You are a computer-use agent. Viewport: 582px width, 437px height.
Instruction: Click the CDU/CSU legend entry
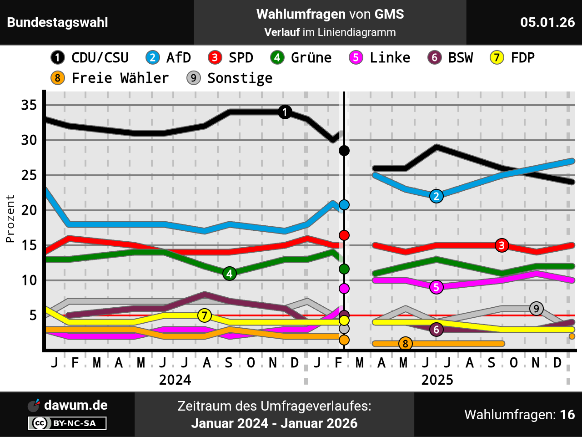coord(90,58)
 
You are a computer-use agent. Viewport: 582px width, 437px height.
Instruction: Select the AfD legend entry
coord(168,58)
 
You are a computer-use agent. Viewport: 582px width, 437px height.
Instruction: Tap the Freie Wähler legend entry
coord(110,78)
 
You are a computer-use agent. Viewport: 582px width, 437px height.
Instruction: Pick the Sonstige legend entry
coord(230,78)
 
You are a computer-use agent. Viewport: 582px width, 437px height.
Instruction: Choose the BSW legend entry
coord(451,58)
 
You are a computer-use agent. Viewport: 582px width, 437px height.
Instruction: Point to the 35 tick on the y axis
coord(29,105)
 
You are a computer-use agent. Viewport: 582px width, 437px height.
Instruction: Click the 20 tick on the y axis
coord(29,210)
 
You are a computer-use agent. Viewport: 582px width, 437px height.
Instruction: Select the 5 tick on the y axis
coord(33,315)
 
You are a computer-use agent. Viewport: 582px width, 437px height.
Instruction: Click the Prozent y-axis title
coord(10,218)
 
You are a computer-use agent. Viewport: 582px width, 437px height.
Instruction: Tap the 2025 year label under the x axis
coord(437,380)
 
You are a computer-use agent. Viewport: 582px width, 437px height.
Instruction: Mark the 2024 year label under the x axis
coord(175,380)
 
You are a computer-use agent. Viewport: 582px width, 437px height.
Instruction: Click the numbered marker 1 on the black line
coord(285,112)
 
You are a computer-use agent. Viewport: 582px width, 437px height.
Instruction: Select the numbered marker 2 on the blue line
coord(436,196)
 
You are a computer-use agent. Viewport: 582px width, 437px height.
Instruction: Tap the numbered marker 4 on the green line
coord(230,274)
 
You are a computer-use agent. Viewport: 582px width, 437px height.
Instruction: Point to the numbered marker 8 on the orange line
coord(405,344)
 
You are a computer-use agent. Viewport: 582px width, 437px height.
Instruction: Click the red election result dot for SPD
coord(344,235)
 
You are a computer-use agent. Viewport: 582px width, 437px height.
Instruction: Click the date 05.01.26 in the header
coord(547,22)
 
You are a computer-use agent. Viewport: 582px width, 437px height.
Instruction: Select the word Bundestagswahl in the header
coord(58,22)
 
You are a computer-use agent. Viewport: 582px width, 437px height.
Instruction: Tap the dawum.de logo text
coord(75,405)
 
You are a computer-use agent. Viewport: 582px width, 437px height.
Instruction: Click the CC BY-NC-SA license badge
coord(67,423)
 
